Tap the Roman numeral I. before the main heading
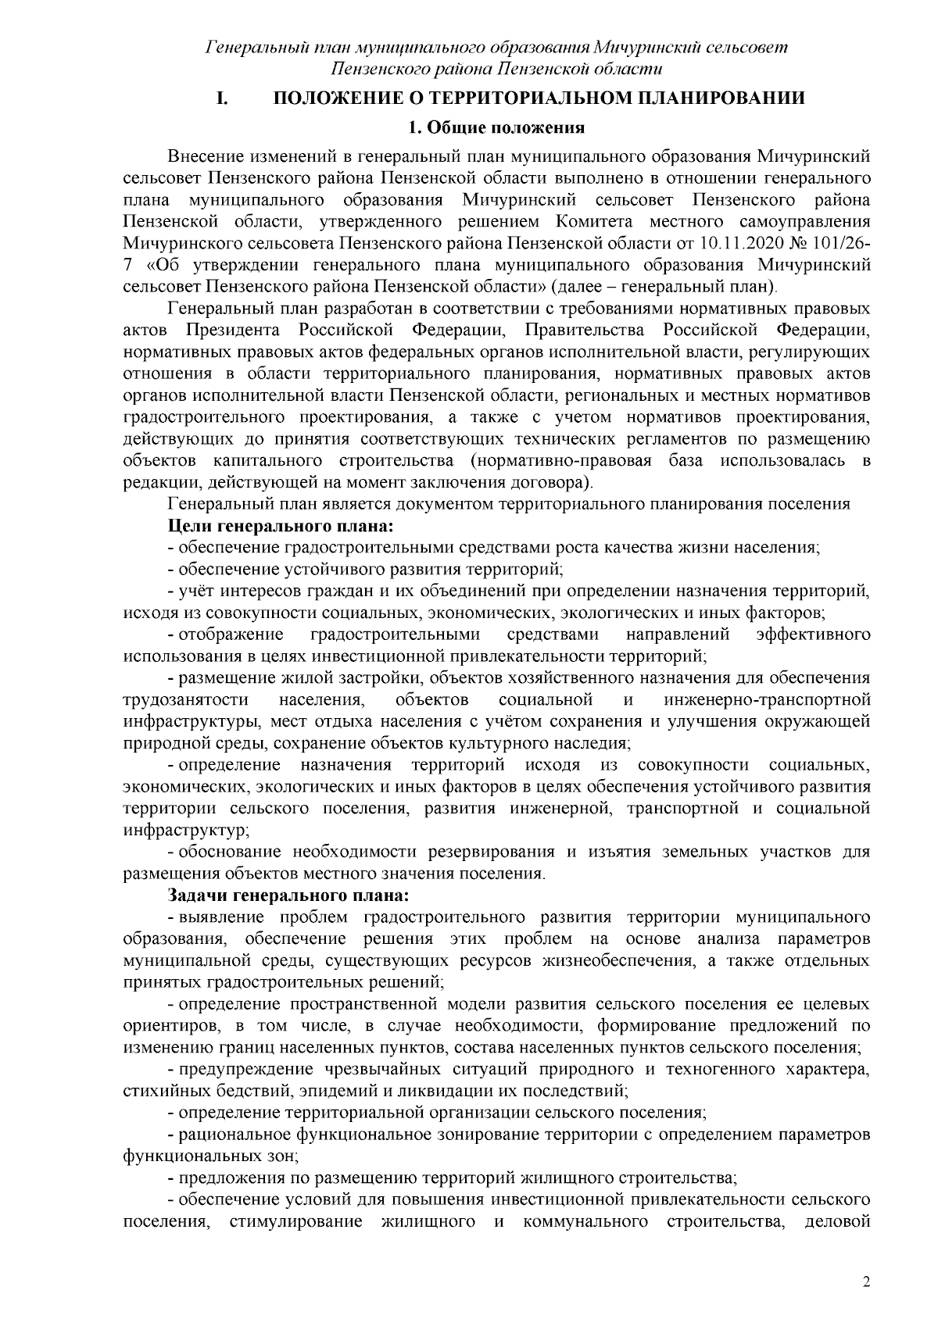pos(221,98)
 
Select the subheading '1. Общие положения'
pos(498,127)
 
